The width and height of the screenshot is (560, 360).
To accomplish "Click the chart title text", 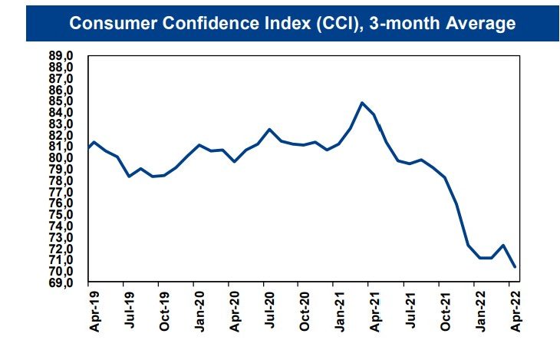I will (x=292, y=24).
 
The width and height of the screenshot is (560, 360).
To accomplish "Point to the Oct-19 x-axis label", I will (x=164, y=312).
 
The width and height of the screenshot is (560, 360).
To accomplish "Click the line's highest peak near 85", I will (x=362, y=103).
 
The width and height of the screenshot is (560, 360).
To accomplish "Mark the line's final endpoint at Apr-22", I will (x=515, y=267).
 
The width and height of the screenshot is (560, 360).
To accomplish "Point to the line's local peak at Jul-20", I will (x=269, y=130).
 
